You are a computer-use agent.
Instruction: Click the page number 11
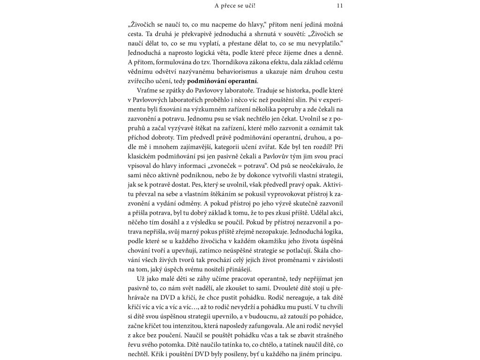tap(340, 6)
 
